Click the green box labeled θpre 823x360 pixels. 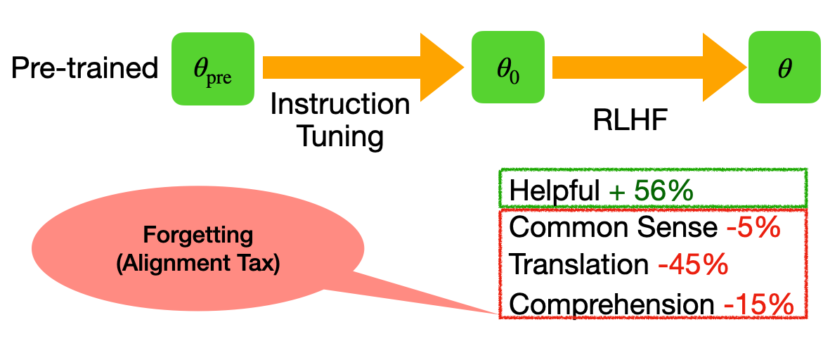point(212,69)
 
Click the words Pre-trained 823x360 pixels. point(85,69)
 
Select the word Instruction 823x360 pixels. point(340,105)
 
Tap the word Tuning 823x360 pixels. point(340,136)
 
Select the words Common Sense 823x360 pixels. point(611,228)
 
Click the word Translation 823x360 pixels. point(578,265)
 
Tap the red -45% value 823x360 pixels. point(692,265)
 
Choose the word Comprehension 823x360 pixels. point(611,304)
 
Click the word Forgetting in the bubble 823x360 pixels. point(197,233)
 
